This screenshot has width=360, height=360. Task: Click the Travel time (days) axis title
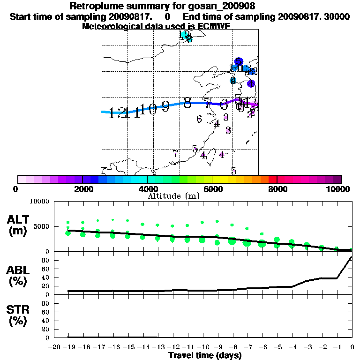point(205,356)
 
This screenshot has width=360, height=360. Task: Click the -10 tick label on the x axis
point(202,347)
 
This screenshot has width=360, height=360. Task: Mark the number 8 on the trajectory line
point(187,103)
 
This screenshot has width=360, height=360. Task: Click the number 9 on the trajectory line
point(165,106)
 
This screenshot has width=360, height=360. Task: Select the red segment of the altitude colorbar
point(272,179)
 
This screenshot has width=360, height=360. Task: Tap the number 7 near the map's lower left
point(175,153)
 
